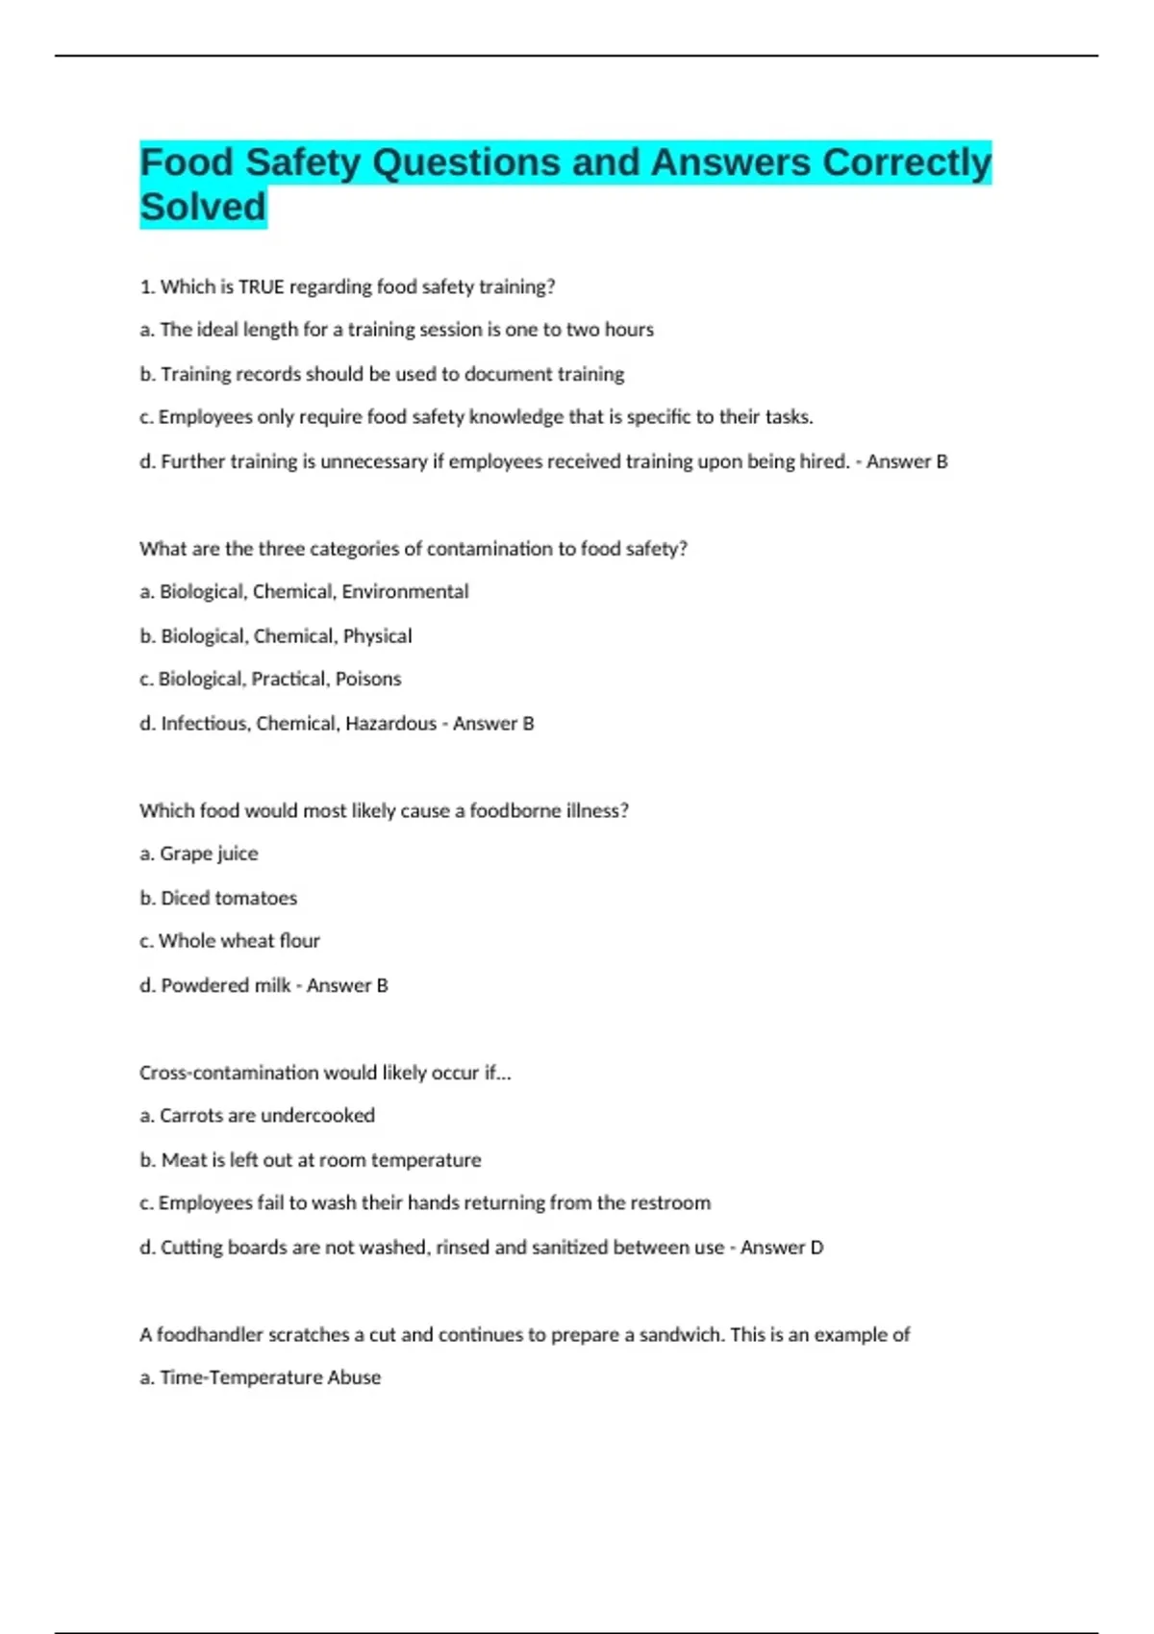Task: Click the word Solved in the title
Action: (203, 207)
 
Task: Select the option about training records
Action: (382, 374)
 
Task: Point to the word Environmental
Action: (405, 591)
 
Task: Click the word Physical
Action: (377, 635)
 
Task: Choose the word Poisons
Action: (368, 679)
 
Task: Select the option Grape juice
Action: (199, 854)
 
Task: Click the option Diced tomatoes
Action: (218, 898)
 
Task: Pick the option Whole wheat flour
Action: (230, 941)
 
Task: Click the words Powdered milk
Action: (225, 985)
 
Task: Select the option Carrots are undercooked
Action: (258, 1116)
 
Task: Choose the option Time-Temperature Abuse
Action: (261, 1377)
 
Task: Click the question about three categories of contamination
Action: (414, 549)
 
